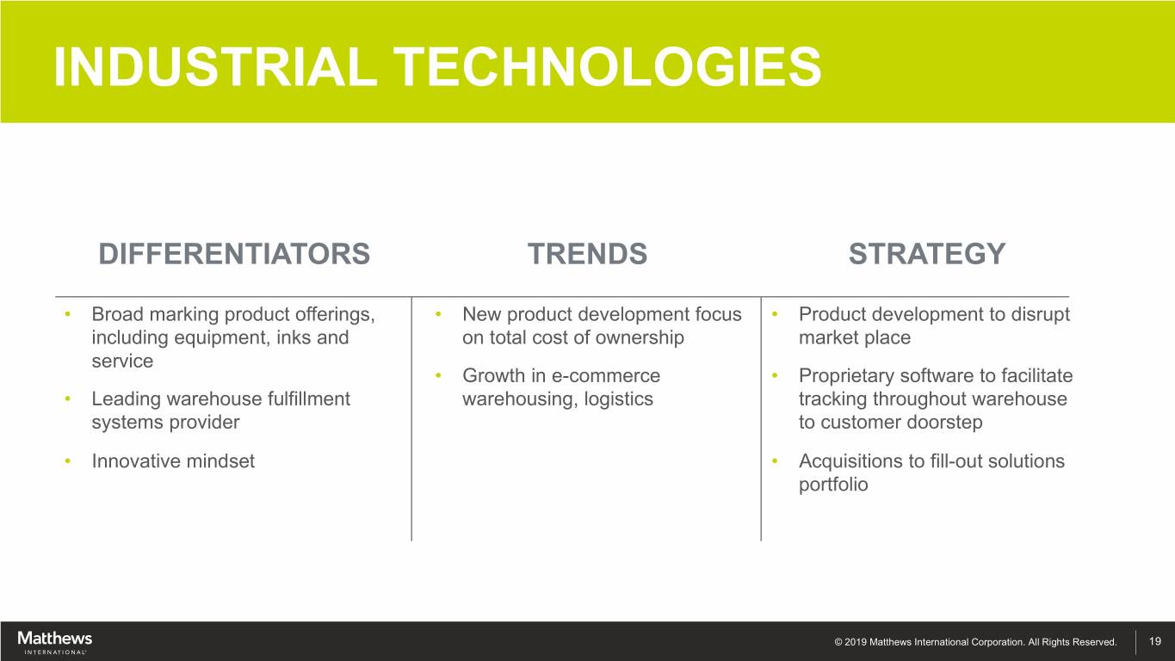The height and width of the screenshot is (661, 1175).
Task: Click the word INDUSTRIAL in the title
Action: pyautogui.click(x=215, y=66)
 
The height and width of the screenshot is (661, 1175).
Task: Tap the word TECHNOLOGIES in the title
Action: pyautogui.click(x=608, y=66)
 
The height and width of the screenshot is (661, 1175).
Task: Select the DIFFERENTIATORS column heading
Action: pyautogui.click(x=234, y=254)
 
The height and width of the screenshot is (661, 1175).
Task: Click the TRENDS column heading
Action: pyautogui.click(x=587, y=254)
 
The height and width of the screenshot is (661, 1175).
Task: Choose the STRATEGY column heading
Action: pyautogui.click(x=927, y=254)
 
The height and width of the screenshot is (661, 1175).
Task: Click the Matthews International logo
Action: pyautogui.click(x=54, y=642)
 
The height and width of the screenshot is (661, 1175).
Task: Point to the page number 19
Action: pyautogui.click(x=1155, y=641)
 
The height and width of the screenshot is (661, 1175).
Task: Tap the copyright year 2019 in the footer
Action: pyautogui.click(x=855, y=642)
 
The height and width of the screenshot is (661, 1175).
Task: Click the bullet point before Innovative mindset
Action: pyautogui.click(x=68, y=461)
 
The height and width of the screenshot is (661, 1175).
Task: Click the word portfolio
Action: pyautogui.click(x=833, y=485)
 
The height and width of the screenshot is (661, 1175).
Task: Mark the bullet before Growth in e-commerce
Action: pyautogui.click(x=438, y=376)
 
